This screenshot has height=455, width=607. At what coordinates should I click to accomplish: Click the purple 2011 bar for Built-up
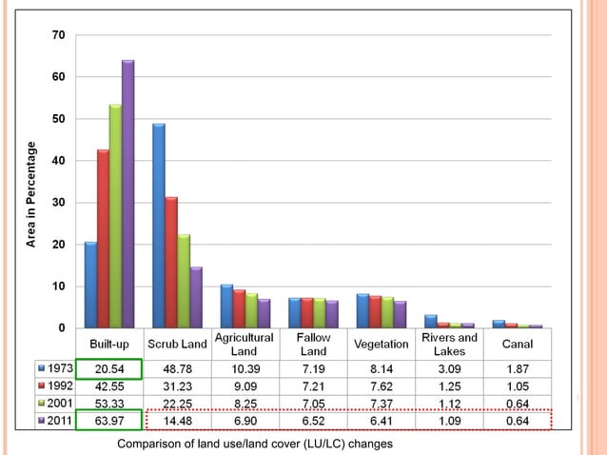127,194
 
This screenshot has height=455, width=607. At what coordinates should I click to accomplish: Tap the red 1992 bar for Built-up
103,238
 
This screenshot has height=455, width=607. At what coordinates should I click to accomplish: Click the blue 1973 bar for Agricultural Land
226,306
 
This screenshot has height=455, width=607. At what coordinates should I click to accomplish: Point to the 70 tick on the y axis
59,35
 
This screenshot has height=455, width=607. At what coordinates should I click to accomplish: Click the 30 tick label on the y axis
59,203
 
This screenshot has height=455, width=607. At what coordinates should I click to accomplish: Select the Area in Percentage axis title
30,194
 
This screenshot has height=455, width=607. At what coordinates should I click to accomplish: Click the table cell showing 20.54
108,367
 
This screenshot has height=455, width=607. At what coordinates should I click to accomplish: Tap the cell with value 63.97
108,420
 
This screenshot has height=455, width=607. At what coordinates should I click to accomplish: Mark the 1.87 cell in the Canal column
517,367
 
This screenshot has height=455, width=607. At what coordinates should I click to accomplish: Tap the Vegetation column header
381,344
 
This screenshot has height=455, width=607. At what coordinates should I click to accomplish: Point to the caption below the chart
254,444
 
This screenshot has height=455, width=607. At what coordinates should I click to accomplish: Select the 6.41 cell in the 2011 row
381,420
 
